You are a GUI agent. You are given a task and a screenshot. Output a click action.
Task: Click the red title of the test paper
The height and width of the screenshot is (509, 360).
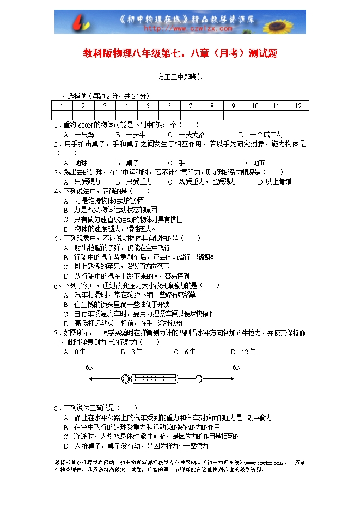pos(180,53)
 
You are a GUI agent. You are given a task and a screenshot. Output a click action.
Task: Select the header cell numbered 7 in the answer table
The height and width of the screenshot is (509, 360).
pos(190,106)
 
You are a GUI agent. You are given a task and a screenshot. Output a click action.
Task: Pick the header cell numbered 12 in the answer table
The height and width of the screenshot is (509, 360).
pos(298,106)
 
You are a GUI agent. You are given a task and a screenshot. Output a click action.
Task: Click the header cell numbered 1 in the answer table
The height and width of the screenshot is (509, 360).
pos(62,106)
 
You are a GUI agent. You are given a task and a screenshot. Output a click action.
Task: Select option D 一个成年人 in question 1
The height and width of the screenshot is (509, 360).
pos(261,134)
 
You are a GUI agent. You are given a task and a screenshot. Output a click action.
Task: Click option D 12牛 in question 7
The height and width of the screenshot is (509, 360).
pos(243,352)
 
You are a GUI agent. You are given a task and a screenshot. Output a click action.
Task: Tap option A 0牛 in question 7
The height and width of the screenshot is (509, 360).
pos(75,352)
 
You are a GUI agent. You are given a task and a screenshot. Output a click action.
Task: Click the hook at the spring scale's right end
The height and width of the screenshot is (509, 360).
pos(198,378)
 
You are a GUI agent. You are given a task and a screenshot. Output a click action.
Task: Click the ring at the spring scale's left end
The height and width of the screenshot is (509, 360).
pos(126,378)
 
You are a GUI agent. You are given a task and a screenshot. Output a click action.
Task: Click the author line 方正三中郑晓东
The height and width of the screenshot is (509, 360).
pos(180,77)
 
